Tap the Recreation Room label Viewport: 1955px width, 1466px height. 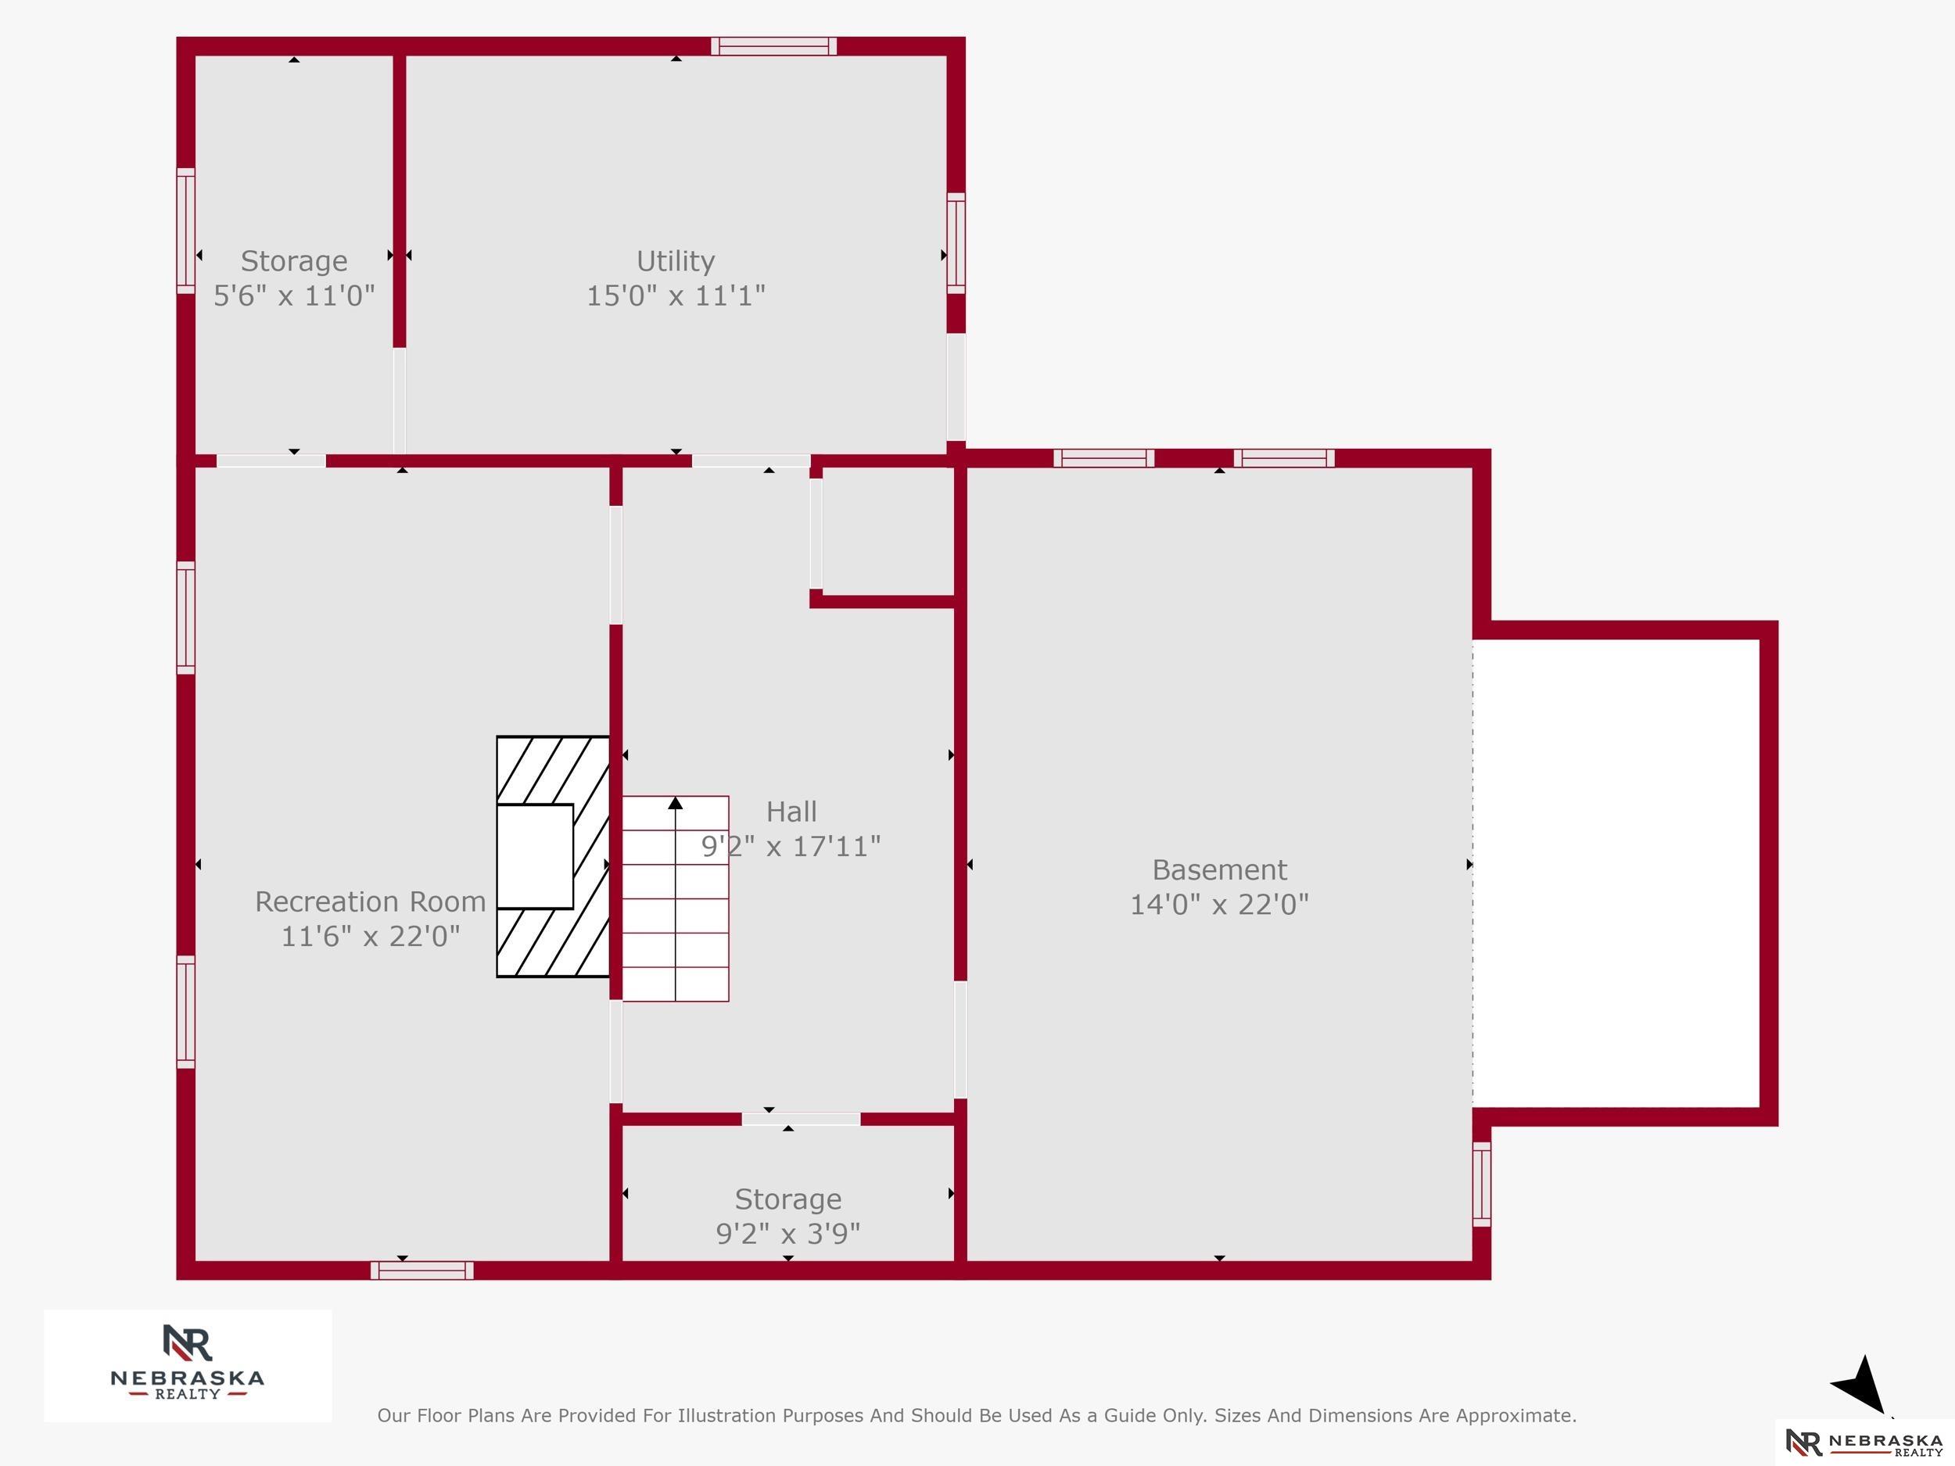371,901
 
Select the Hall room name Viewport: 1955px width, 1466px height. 791,812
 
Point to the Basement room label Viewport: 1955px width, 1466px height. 1219,869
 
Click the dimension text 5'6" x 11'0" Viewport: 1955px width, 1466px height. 294,295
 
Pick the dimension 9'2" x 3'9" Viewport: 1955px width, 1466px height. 787,1233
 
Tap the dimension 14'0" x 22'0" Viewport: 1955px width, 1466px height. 1219,904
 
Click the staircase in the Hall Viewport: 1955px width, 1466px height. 675,898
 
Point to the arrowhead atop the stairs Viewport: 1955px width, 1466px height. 675,802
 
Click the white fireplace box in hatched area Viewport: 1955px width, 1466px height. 535,856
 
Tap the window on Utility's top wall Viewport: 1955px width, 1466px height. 773,46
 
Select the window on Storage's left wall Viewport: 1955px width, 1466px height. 185,231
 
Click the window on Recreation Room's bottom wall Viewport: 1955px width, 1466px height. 421,1271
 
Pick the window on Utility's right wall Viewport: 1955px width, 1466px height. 956,243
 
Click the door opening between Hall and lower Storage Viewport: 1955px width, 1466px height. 801,1120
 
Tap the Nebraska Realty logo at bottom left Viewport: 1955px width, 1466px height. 188,1365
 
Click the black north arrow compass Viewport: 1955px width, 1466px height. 1860,1385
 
